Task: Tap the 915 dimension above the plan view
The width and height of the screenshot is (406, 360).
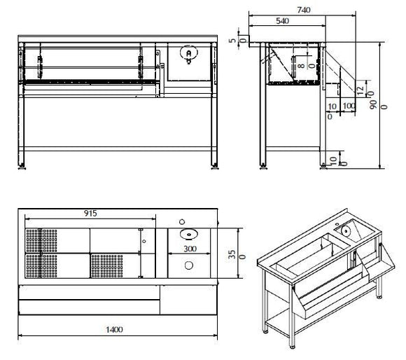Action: (89, 213)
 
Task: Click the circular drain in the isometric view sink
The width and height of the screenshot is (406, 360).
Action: (346, 228)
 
